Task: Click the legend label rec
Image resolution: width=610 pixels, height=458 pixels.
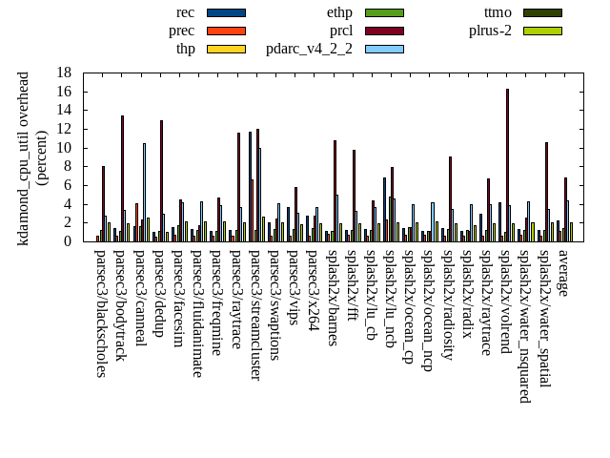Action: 186,12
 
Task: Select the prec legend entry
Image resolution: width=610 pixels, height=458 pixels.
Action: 182,31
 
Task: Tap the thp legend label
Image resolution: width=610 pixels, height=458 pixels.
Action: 186,49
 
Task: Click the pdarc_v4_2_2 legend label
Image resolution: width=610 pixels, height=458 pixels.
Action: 309,49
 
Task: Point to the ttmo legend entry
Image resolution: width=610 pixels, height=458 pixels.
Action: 498,12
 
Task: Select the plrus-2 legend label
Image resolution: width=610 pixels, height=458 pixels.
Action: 490,31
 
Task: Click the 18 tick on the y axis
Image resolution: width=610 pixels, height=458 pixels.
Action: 64,73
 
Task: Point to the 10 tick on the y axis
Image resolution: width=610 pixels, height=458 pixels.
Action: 64,148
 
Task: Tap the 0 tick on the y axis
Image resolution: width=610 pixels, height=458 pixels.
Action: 68,241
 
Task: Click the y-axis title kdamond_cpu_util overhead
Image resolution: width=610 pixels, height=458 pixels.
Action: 25,157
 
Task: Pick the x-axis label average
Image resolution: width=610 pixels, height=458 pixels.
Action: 564,274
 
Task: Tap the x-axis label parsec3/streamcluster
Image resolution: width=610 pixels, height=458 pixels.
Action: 255,315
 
